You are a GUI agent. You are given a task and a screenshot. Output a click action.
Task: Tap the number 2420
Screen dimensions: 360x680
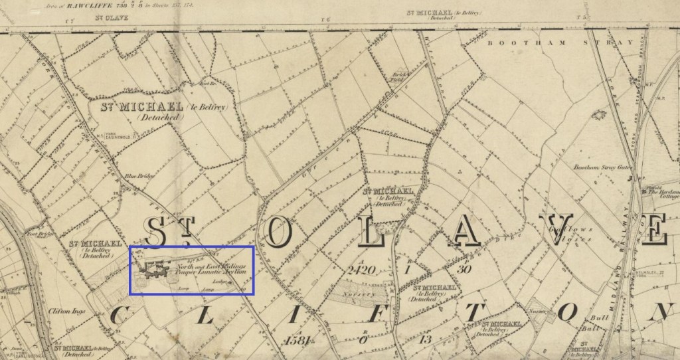[361, 270]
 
